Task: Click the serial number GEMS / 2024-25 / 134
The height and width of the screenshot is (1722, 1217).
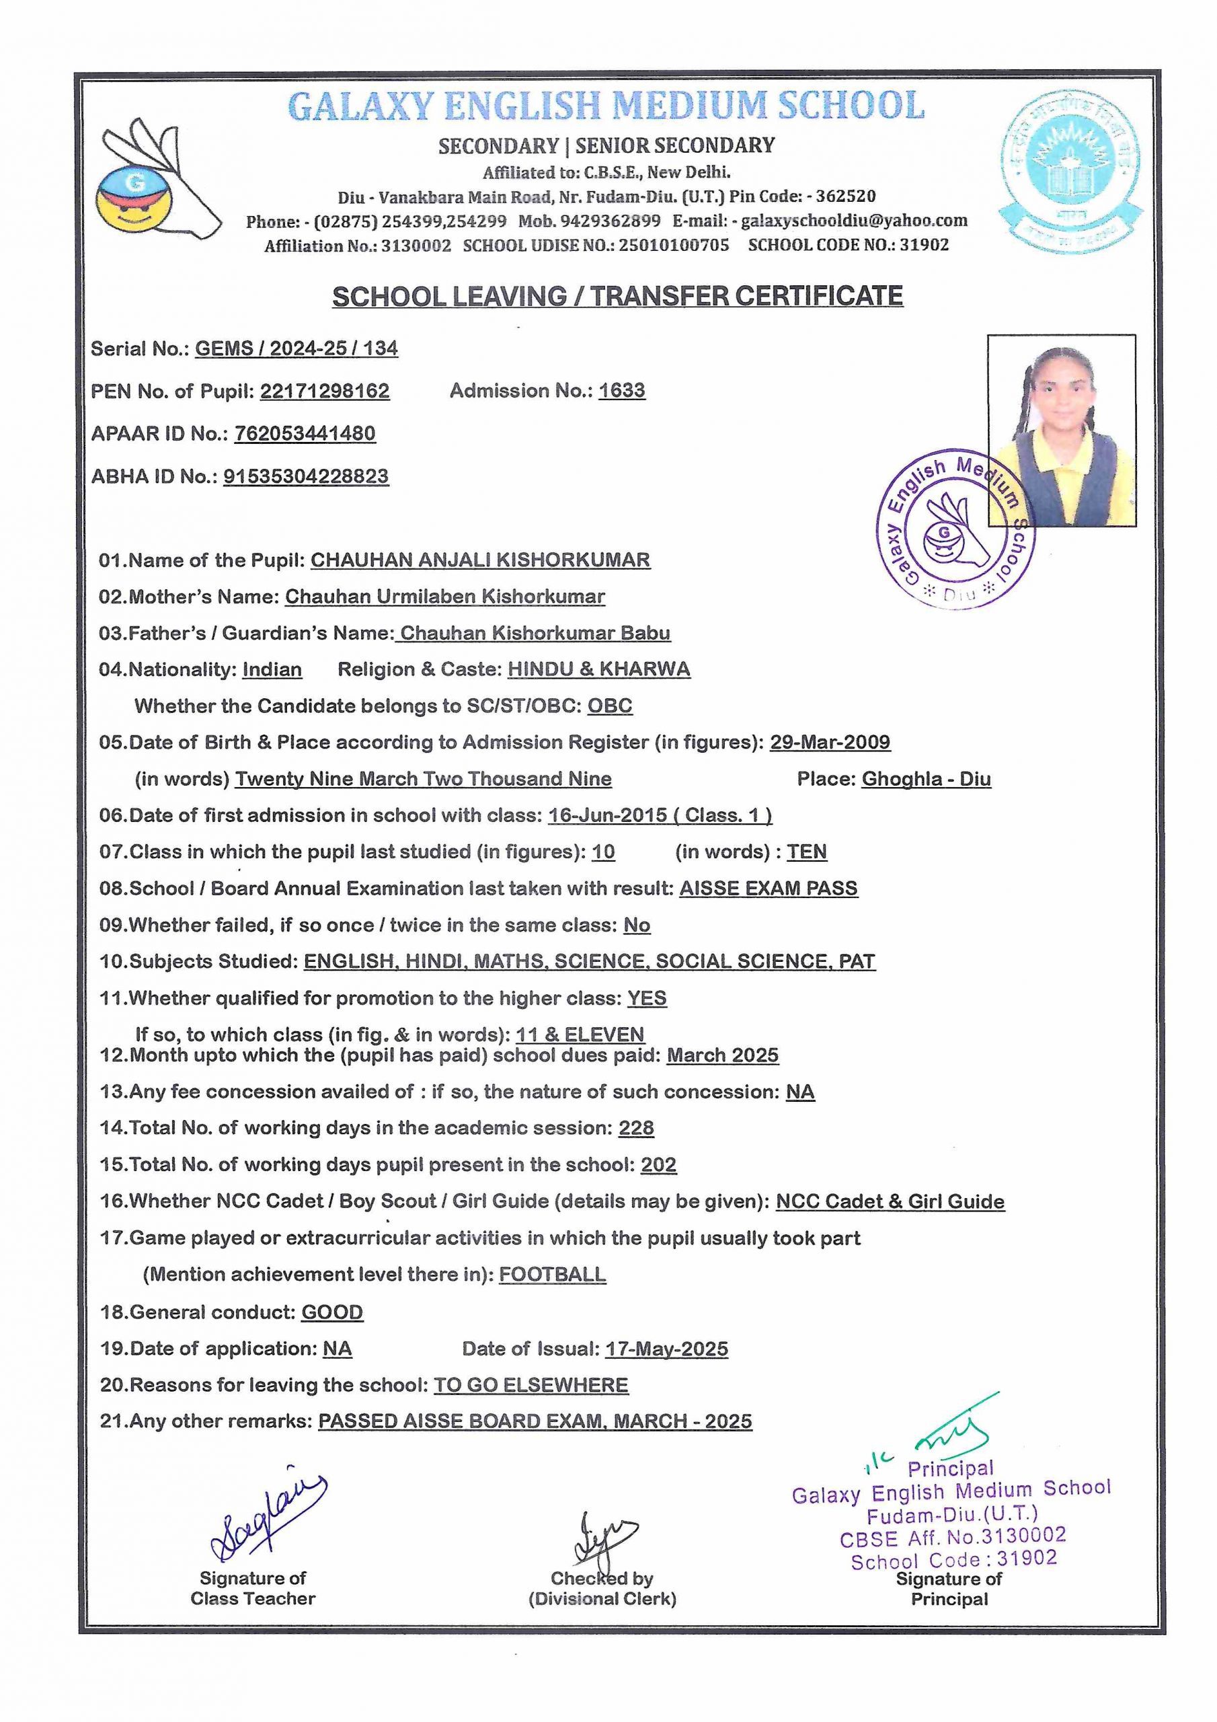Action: coord(297,348)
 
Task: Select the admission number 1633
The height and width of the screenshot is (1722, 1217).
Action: coord(622,391)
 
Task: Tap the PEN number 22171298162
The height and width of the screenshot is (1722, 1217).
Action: coord(325,391)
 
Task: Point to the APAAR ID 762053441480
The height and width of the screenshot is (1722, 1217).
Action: coord(305,433)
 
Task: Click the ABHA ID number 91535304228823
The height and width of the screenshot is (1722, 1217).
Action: coord(306,476)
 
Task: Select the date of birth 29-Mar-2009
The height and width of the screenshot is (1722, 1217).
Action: coord(830,742)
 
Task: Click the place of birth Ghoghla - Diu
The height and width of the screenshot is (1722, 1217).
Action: coord(926,778)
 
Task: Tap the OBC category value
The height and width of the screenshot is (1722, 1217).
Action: coord(610,706)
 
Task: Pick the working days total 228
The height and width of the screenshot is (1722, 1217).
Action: coord(636,1128)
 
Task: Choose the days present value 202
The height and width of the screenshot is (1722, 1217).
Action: coord(658,1165)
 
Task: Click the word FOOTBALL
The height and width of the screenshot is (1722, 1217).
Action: coord(553,1274)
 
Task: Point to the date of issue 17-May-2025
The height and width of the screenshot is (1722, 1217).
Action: coord(666,1349)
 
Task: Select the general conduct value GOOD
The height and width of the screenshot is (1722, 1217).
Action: coord(332,1312)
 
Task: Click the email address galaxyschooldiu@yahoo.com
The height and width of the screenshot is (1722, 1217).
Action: coord(854,221)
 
